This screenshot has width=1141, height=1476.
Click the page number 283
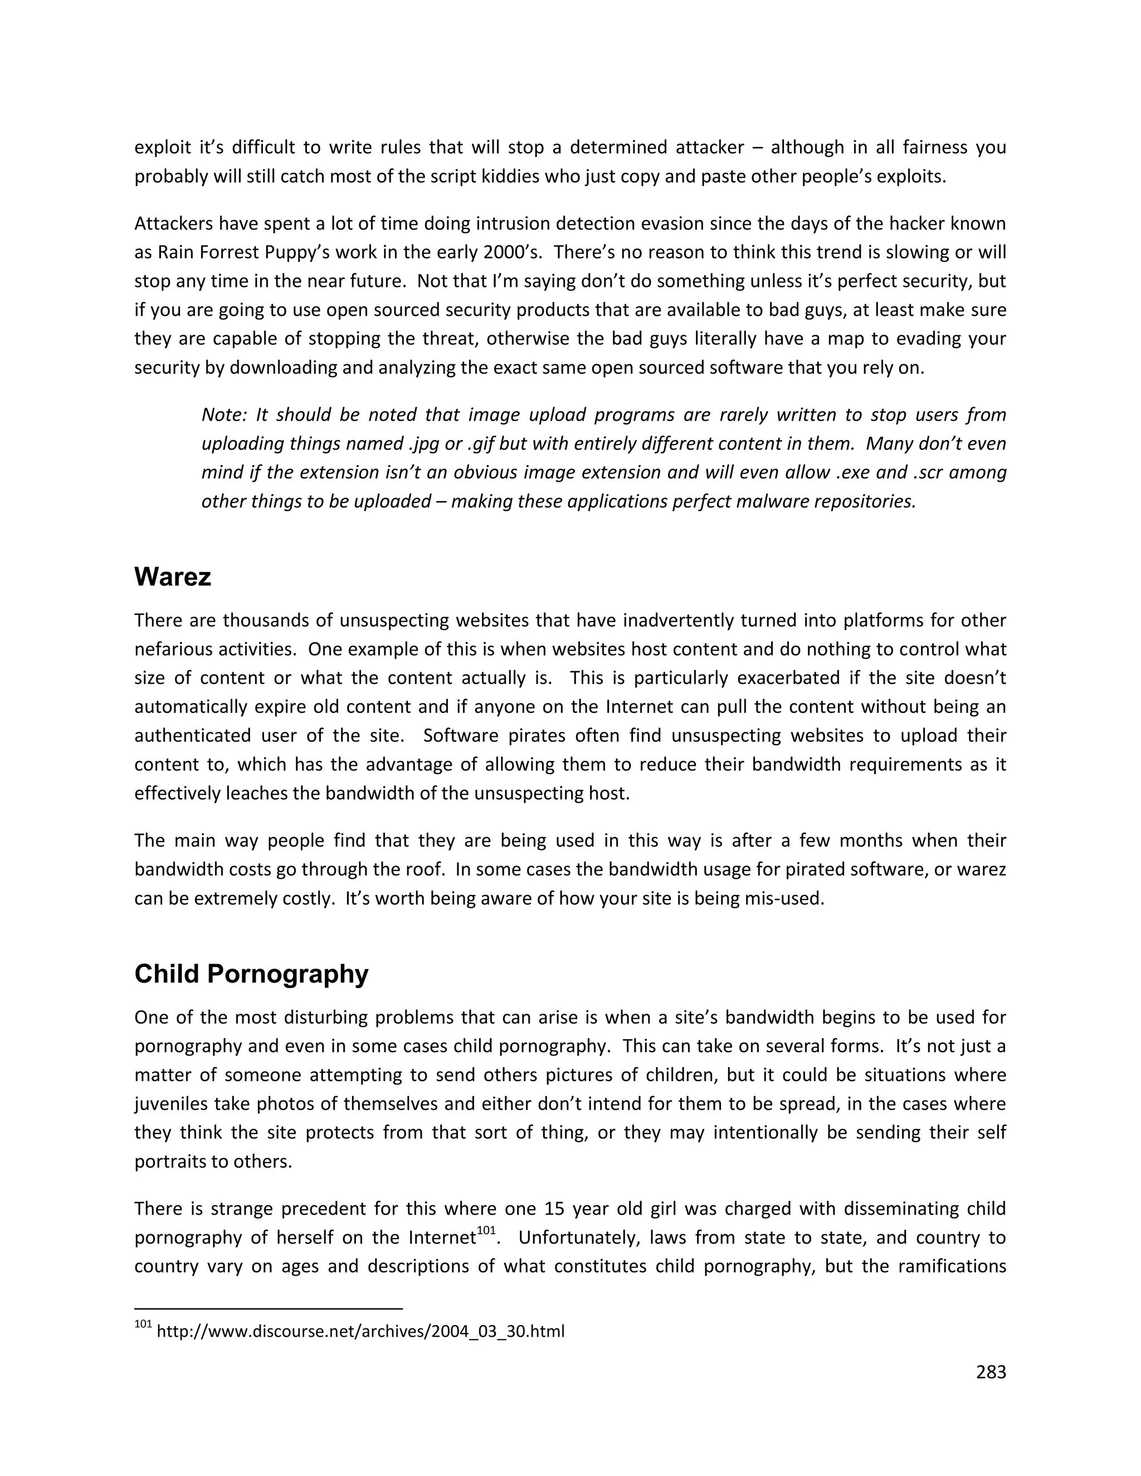991,1372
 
